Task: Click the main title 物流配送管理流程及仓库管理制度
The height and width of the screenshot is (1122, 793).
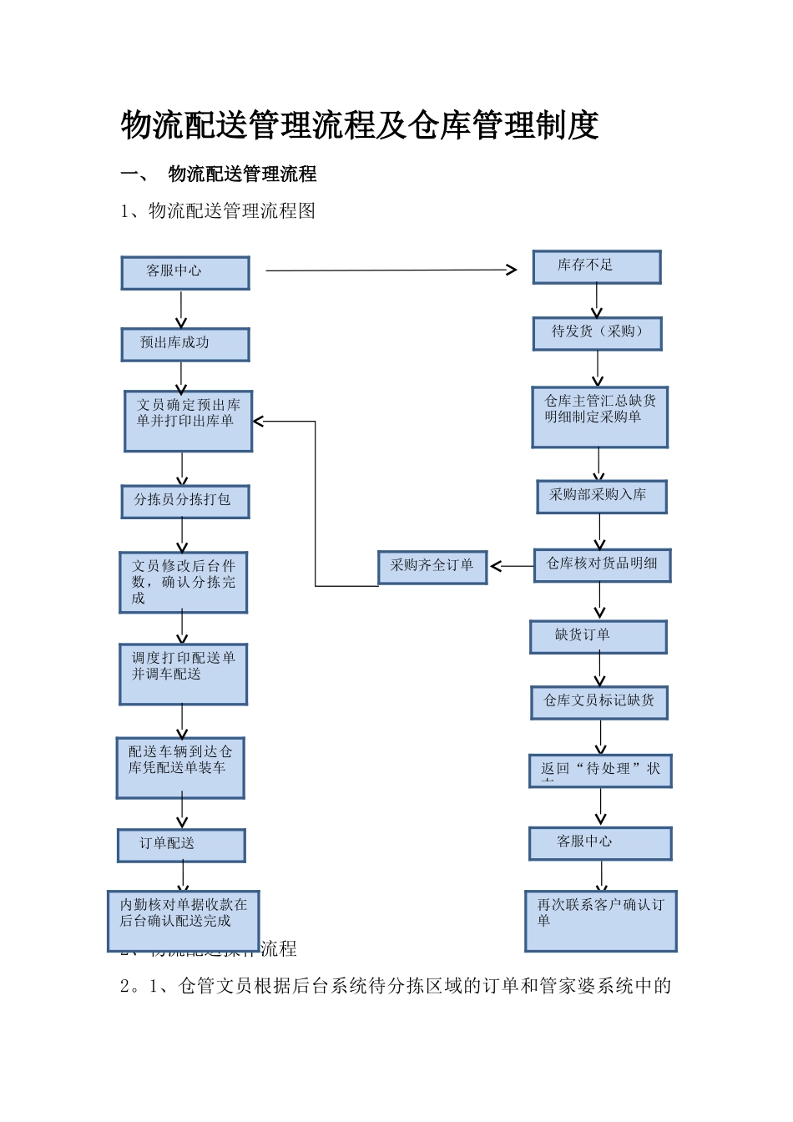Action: (x=360, y=125)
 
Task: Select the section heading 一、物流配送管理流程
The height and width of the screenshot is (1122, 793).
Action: (x=219, y=174)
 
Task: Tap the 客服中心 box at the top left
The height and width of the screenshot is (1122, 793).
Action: (x=185, y=273)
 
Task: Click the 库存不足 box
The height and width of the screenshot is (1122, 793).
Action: (x=597, y=267)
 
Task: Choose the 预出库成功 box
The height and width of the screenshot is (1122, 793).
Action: (x=185, y=344)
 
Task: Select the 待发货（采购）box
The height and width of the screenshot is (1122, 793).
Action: (x=598, y=333)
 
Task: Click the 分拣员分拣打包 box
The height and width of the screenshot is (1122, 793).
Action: (x=185, y=502)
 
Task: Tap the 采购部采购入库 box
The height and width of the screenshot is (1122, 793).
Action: (x=602, y=497)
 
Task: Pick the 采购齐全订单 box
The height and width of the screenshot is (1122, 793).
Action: (x=432, y=567)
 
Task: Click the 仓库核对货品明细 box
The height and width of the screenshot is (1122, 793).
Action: (x=603, y=565)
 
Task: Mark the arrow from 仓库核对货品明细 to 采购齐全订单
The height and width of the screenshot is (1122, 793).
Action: (x=512, y=566)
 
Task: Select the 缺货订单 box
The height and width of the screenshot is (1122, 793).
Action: (x=599, y=637)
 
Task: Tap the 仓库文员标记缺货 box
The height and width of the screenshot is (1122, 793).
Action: (x=599, y=702)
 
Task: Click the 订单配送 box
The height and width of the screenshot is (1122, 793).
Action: (x=181, y=845)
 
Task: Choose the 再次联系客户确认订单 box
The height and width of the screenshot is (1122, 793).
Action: (x=601, y=921)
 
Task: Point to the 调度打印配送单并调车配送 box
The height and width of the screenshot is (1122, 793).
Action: (x=184, y=674)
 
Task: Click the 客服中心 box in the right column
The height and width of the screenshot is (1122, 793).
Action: (x=600, y=843)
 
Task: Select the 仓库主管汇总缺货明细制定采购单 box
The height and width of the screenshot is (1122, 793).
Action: (x=600, y=417)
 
